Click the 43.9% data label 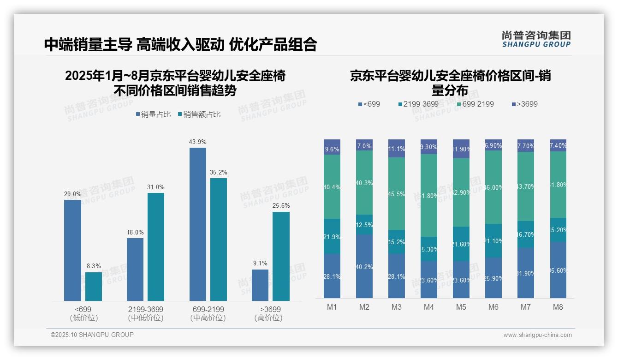point(197,142)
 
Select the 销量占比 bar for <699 point(72,250)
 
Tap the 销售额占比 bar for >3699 point(281,256)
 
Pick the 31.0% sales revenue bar point(156,247)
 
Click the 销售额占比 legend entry point(199,114)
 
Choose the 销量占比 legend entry point(153,114)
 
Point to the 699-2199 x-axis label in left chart point(208,309)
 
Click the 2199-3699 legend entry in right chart point(417,104)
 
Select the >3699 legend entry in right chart point(524,104)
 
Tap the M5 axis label point(461,307)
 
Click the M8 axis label point(558,307)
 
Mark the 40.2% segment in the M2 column point(364,266)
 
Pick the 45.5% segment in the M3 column point(397,194)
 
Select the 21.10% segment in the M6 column point(493,240)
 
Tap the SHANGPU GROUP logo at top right point(536,39)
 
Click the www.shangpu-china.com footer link point(537,335)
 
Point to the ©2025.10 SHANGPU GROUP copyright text point(92,335)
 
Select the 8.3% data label point(94,266)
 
